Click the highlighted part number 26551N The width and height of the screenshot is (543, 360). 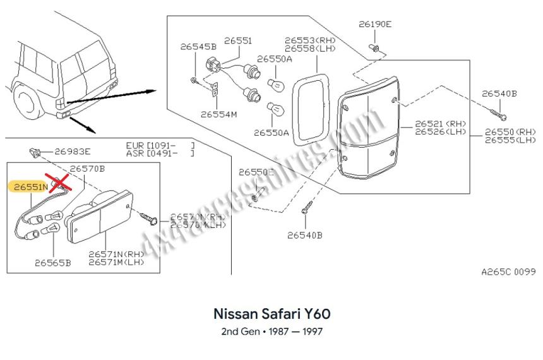[x=27, y=187]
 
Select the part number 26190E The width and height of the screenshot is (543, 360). [x=375, y=25]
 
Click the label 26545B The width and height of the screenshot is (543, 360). [x=198, y=46]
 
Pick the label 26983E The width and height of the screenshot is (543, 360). [x=73, y=151]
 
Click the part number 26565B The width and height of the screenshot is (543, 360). [x=53, y=261]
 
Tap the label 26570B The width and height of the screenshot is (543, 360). [x=87, y=169]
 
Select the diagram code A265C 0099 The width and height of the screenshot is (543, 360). [x=508, y=272]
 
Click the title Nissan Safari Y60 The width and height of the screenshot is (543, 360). [x=272, y=313]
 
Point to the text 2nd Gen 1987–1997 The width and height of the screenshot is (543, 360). [x=272, y=331]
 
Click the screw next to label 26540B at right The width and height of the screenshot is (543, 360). [x=497, y=114]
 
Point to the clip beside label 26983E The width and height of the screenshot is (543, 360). [x=35, y=152]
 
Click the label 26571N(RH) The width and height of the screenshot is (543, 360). [x=116, y=254]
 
